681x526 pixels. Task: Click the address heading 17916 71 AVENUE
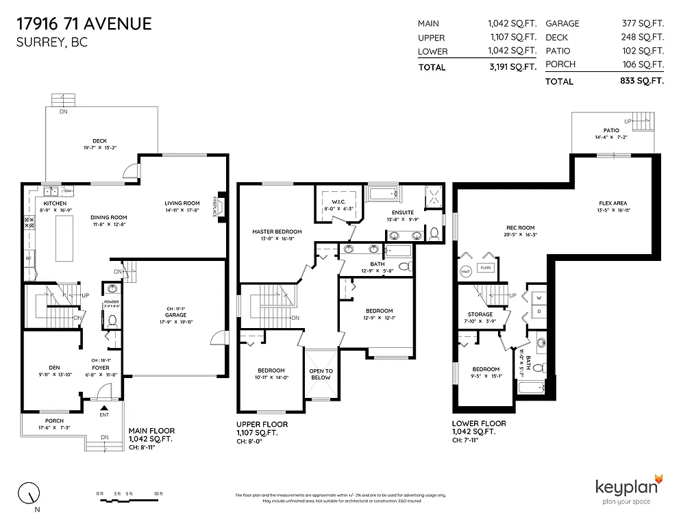click(84, 24)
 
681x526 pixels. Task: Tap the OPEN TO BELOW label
click(321, 374)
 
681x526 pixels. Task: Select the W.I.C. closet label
click(333, 201)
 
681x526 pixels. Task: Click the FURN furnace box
click(485, 268)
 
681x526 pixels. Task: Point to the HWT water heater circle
click(466, 271)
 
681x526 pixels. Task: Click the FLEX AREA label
click(612, 203)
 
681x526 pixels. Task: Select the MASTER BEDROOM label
click(277, 231)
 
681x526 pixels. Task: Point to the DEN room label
click(54, 367)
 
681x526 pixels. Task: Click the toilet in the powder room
click(113, 320)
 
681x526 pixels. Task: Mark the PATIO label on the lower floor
click(611, 130)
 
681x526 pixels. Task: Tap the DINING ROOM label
click(109, 218)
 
